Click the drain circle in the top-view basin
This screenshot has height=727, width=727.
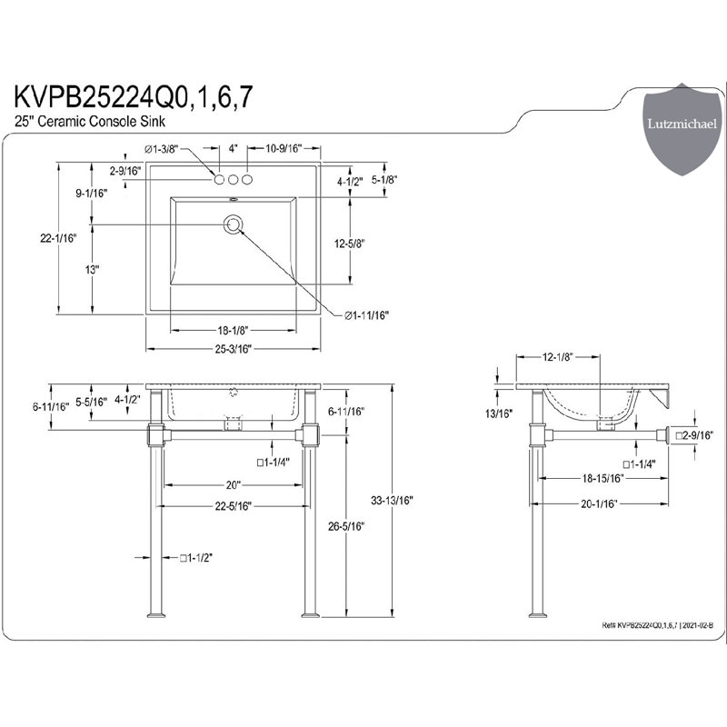[234, 223]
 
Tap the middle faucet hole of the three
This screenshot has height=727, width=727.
[234, 179]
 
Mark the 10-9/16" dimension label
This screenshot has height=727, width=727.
[283, 148]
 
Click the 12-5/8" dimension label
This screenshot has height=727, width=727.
[349, 243]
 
